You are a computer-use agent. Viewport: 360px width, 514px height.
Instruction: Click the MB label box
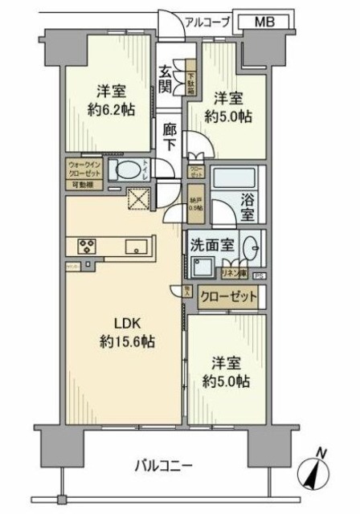point(263,23)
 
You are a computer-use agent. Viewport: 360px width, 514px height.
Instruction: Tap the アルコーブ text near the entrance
point(207,22)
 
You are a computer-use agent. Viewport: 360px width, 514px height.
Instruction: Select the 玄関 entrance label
point(166,79)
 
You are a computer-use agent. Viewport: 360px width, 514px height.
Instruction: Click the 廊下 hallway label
point(170,137)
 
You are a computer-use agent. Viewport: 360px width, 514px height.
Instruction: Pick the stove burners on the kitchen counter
point(88,246)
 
